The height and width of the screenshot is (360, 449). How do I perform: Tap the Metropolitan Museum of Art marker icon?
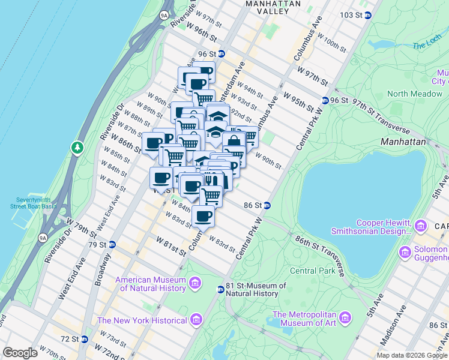click(x=345, y=317)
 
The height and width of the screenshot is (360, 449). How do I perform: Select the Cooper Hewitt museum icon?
click(x=420, y=226)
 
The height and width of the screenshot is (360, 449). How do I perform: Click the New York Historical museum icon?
click(x=195, y=320)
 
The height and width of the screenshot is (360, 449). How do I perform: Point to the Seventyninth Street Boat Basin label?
click(x=32, y=203)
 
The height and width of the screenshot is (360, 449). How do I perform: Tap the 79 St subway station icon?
click(x=112, y=245)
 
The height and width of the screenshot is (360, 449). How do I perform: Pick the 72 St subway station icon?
click(x=84, y=340)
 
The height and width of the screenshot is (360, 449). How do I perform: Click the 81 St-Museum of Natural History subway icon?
click(x=220, y=290)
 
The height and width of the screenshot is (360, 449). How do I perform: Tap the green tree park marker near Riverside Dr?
click(x=77, y=148)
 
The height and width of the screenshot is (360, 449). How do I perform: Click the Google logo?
click(x=20, y=353)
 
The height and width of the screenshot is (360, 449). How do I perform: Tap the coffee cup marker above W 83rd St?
click(x=203, y=216)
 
